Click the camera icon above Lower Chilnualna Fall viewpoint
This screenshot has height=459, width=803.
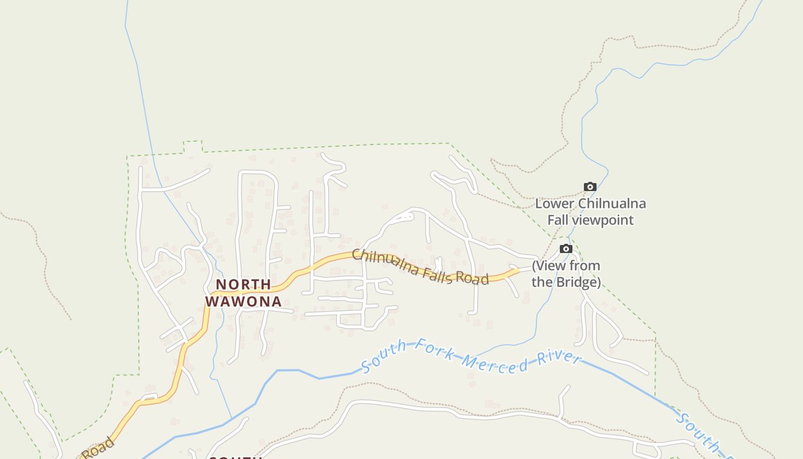click(x=590, y=186)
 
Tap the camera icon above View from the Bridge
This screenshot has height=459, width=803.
click(x=566, y=248)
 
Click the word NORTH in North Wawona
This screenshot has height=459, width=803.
click(x=243, y=285)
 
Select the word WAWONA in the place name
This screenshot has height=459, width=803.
click(x=243, y=301)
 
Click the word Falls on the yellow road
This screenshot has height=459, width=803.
click(x=439, y=273)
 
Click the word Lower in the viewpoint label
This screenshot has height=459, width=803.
click(x=555, y=204)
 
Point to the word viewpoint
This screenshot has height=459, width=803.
click(x=607, y=220)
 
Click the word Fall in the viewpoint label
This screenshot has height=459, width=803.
click(x=559, y=220)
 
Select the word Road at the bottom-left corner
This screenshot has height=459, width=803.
click(x=99, y=448)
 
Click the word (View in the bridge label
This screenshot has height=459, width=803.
click(x=549, y=266)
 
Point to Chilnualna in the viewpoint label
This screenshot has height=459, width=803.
click(x=612, y=204)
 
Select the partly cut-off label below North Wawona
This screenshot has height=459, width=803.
click(x=236, y=457)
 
